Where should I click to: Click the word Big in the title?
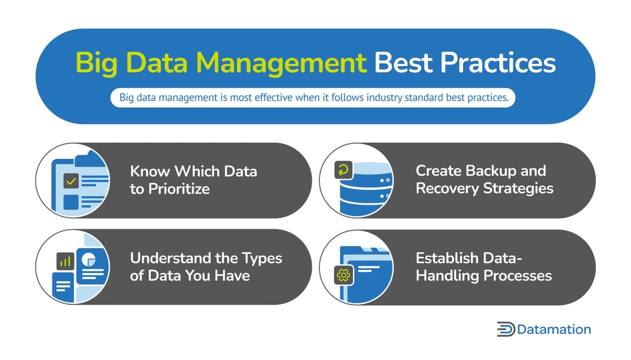97,63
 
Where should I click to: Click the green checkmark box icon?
71,181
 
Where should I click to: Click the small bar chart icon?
64,261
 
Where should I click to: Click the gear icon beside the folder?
343,275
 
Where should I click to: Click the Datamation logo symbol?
505,329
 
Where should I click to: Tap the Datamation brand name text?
554,329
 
